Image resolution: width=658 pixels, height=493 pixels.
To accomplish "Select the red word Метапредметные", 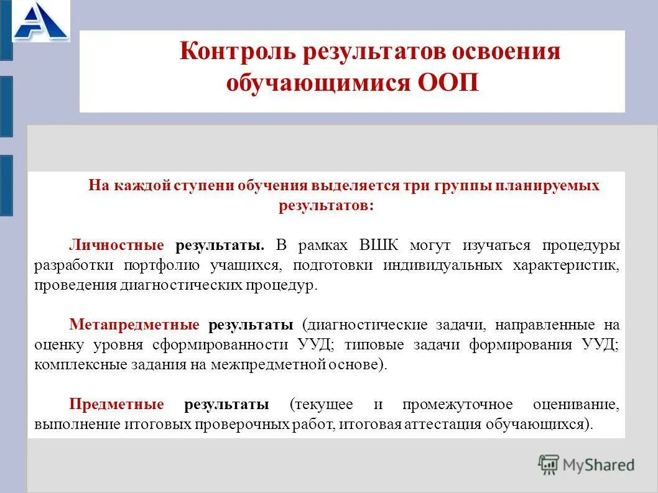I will pos(134,325).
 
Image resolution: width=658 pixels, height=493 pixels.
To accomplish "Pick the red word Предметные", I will pos(116,405).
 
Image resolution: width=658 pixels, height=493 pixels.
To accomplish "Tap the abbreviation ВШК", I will pos(379,244).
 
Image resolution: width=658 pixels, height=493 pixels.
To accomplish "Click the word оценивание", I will pos(575,405).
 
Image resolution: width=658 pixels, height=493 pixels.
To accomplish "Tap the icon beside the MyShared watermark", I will pos(549,464).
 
